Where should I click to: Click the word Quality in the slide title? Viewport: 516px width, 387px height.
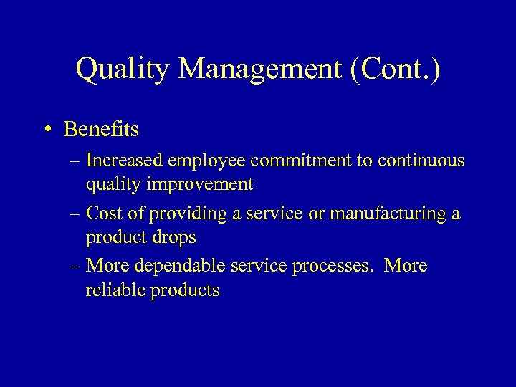tap(122, 70)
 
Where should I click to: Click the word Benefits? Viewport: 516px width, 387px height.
tap(101, 130)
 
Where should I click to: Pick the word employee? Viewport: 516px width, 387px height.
tap(208, 161)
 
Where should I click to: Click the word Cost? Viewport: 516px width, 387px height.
tap(102, 214)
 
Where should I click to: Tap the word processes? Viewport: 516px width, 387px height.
tap(333, 266)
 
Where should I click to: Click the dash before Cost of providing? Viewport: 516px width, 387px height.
tap(75, 214)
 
